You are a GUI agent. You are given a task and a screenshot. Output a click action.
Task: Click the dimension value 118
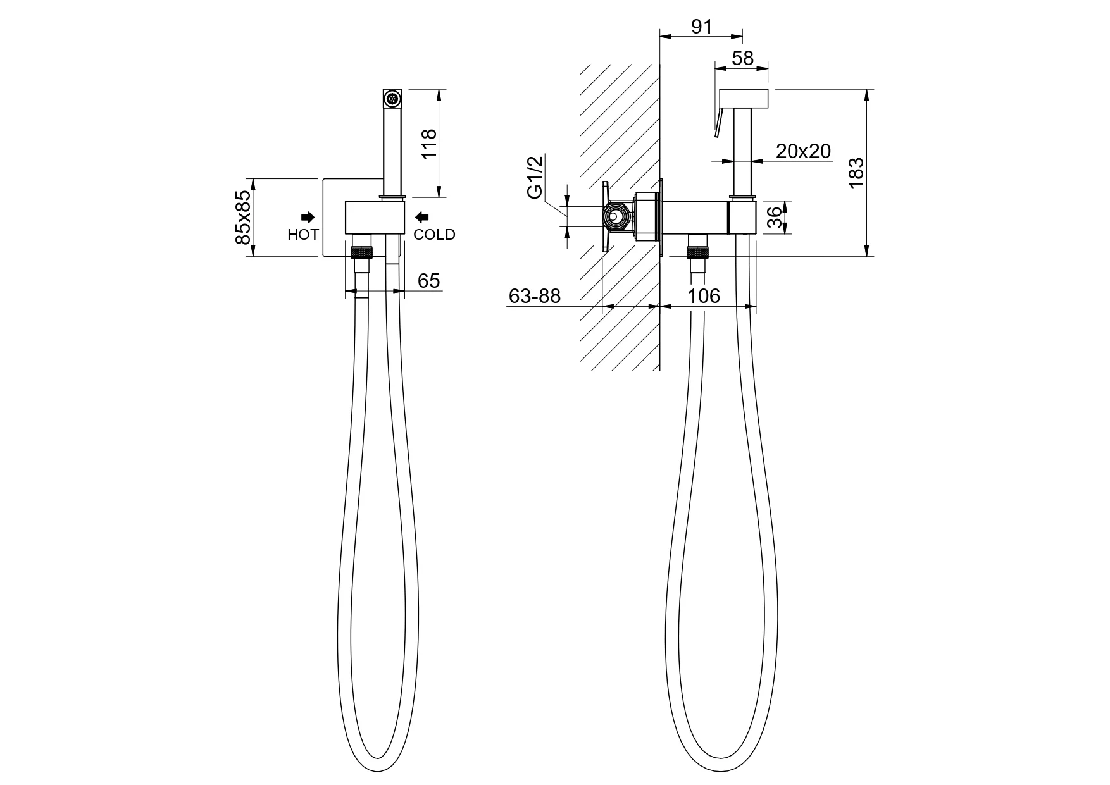pos(429,144)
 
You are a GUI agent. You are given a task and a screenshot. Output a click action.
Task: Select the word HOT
pos(303,235)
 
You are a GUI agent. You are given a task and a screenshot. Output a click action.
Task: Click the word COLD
pos(434,235)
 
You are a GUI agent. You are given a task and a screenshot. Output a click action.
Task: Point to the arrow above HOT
pos(308,217)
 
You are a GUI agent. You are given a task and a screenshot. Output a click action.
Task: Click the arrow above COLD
pos(421,217)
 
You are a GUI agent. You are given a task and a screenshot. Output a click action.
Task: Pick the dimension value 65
pos(429,280)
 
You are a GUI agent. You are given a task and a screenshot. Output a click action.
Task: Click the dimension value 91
pos(701,27)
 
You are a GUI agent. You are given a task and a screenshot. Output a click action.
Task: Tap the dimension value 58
pos(742,58)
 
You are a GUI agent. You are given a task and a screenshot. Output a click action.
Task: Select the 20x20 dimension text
pos(803,151)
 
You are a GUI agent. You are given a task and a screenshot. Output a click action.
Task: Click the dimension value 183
pos(856,172)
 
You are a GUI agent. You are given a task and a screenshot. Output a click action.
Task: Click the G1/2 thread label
pos(535,178)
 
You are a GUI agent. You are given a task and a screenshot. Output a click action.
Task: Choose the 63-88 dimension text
pos(535,296)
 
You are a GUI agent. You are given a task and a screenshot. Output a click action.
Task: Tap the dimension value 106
pos(704,296)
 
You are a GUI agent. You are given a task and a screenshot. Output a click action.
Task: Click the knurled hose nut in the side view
pos(698,252)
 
